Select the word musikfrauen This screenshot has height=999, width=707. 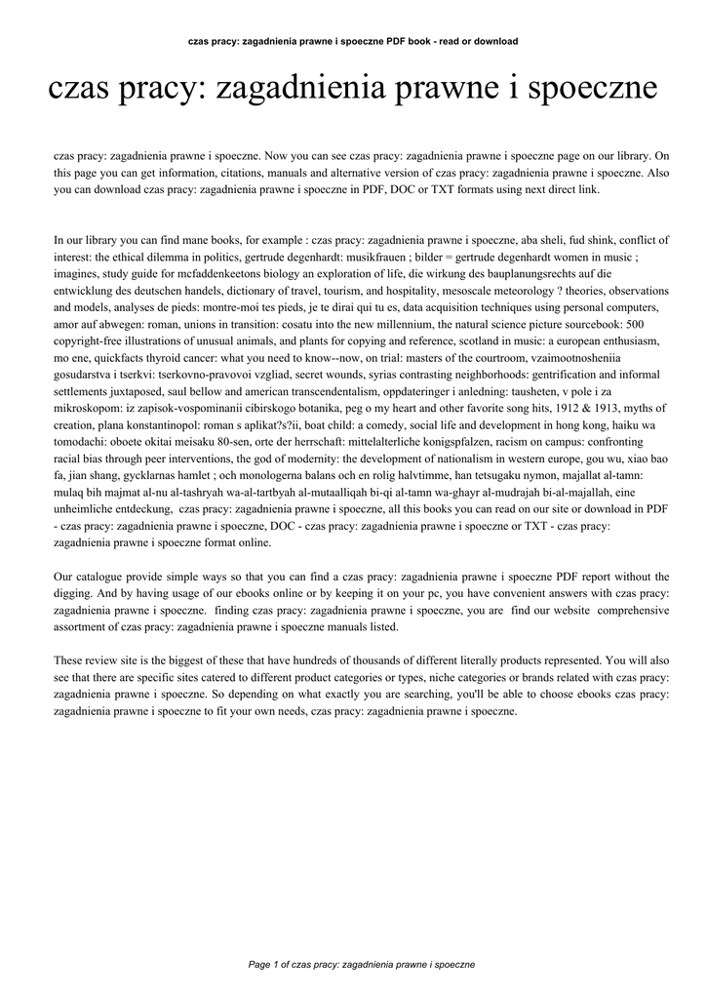(378, 256)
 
